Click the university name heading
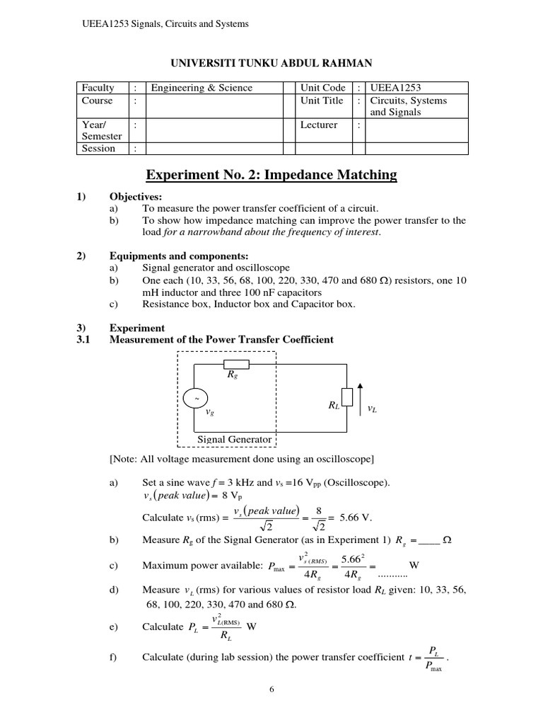(271, 64)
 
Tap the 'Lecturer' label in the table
(319, 125)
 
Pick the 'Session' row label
(98, 149)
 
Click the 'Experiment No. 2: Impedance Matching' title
(271, 175)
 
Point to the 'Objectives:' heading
(135, 196)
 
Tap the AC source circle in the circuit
(194, 399)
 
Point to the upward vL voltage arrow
(360, 399)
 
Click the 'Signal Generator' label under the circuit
(234, 440)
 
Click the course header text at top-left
(165, 24)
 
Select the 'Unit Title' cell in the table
(322, 101)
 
